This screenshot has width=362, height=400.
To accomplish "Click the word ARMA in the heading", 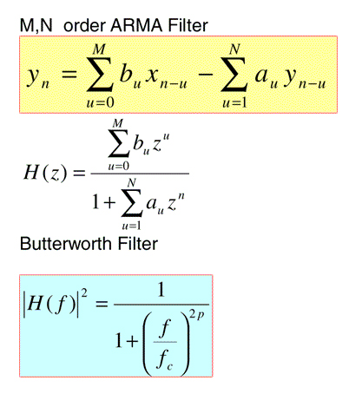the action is tap(136, 25).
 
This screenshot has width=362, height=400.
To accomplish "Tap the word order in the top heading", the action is tap(84, 25).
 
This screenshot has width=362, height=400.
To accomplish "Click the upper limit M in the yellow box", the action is tap(99, 49).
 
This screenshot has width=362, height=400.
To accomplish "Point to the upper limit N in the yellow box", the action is tap(234, 49).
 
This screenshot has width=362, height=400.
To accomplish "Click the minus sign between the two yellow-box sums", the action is tap(205, 75).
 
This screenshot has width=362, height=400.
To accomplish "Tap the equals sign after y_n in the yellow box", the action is tap(69, 74).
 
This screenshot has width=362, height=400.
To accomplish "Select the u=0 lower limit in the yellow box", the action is tap(100, 102).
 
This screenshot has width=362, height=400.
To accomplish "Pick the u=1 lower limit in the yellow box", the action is tap(234, 102).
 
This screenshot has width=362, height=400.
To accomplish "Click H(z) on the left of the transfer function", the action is tap(45, 173).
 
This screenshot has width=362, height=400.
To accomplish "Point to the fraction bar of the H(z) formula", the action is tap(140, 174).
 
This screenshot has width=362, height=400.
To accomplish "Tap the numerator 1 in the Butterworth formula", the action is tap(161, 290).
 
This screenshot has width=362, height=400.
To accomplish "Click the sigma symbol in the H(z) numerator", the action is tap(119, 144).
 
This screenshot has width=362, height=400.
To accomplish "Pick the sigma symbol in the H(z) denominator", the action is tap(132, 203).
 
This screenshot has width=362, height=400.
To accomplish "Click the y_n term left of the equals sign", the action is tap(38, 77).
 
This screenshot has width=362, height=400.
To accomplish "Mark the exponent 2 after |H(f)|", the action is tap(84, 293).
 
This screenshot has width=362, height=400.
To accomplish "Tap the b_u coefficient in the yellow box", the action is tap(130, 75).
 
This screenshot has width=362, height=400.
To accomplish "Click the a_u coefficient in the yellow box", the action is tap(266, 76).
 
